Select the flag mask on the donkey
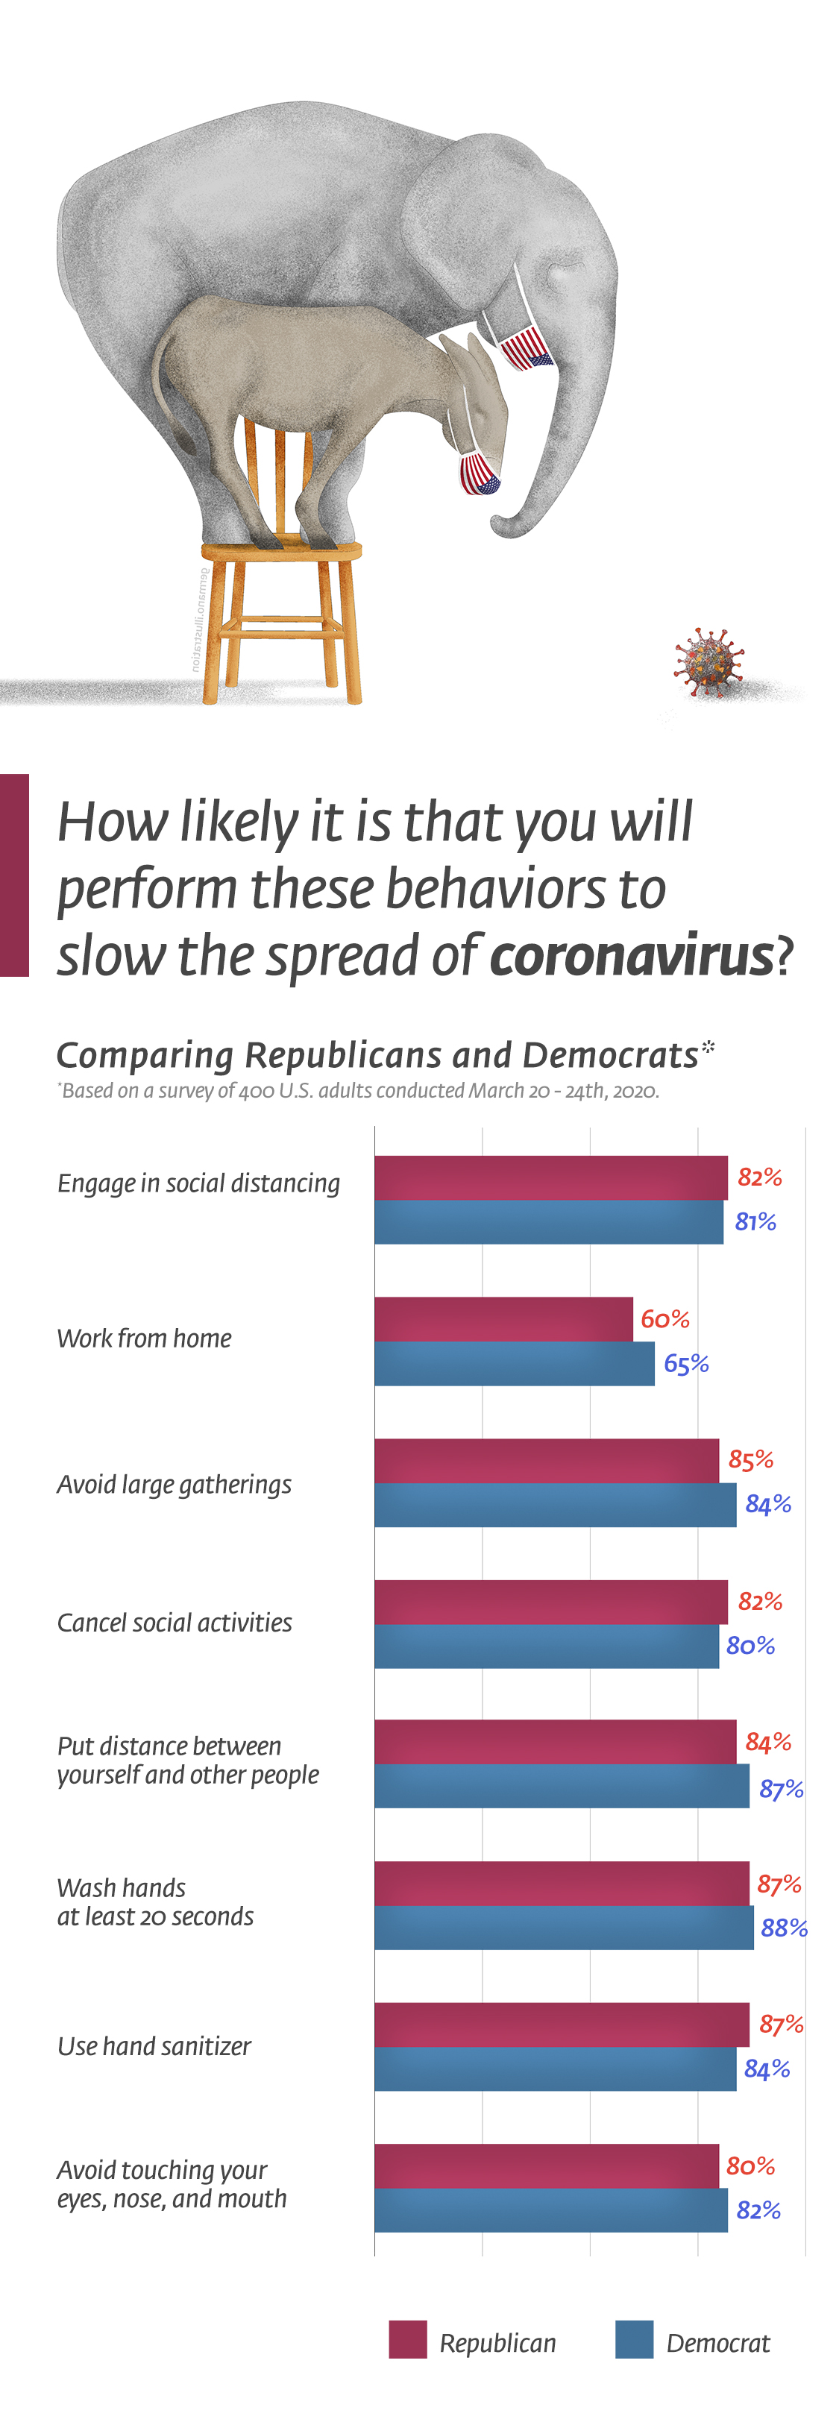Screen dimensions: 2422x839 point(478,473)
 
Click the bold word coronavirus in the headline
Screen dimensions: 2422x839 point(631,955)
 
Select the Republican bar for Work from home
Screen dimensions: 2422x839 point(503,1319)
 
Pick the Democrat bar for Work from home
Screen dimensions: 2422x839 point(514,1363)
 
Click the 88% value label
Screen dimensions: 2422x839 point(784,1928)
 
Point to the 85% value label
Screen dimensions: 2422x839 point(750,1459)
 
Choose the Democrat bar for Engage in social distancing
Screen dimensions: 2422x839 point(548,1221)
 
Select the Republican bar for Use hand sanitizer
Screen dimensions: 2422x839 point(562,2025)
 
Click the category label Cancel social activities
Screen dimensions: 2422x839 point(174,1623)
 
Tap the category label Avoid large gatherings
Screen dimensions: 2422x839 point(174,1485)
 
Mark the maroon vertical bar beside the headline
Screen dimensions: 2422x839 point(14,875)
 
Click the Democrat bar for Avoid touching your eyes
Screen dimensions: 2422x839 point(550,2209)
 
